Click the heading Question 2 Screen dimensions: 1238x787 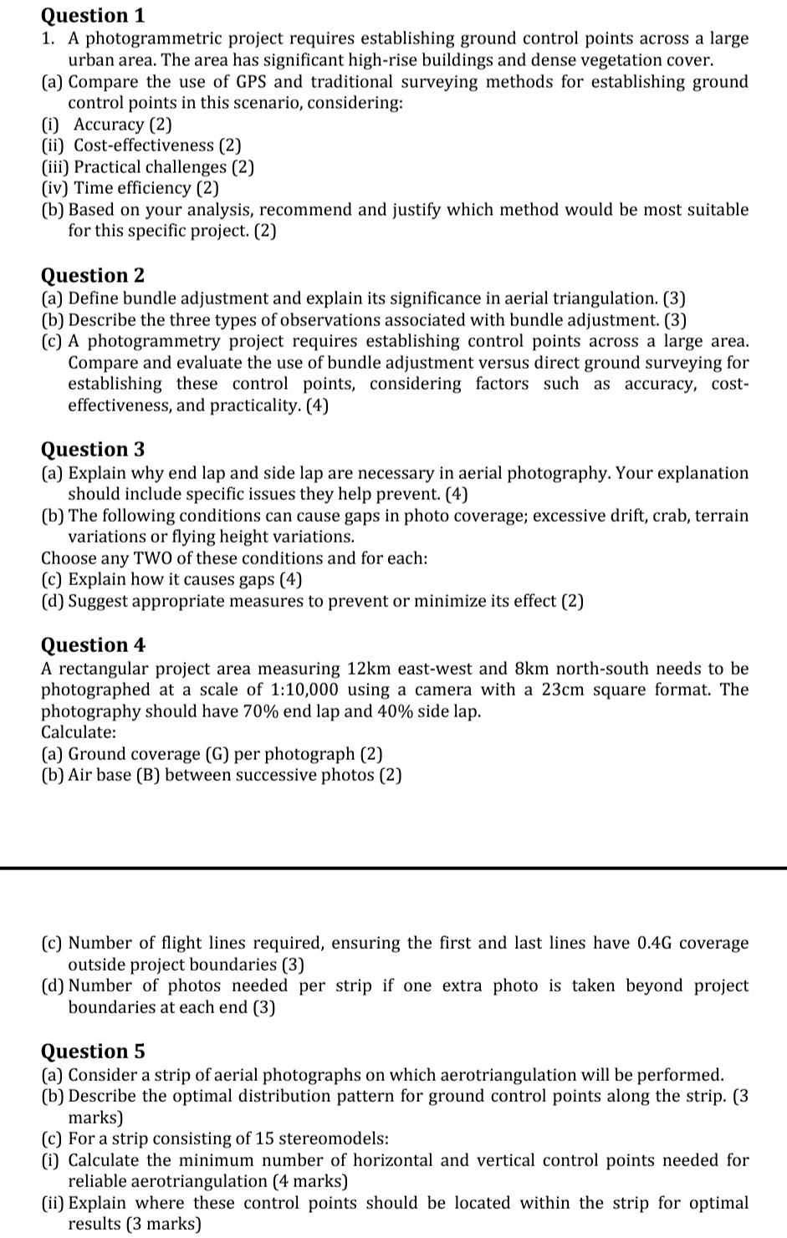click(x=93, y=275)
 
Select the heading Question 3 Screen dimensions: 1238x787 click(x=93, y=449)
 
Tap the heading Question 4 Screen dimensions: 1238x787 click(x=93, y=644)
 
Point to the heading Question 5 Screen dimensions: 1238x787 click(x=93, y=1051)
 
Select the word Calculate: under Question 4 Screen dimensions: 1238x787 click(x=79, y=733)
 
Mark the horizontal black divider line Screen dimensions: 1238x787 click(x=393, y=869)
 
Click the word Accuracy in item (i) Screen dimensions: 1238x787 click(x=109, y=125)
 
